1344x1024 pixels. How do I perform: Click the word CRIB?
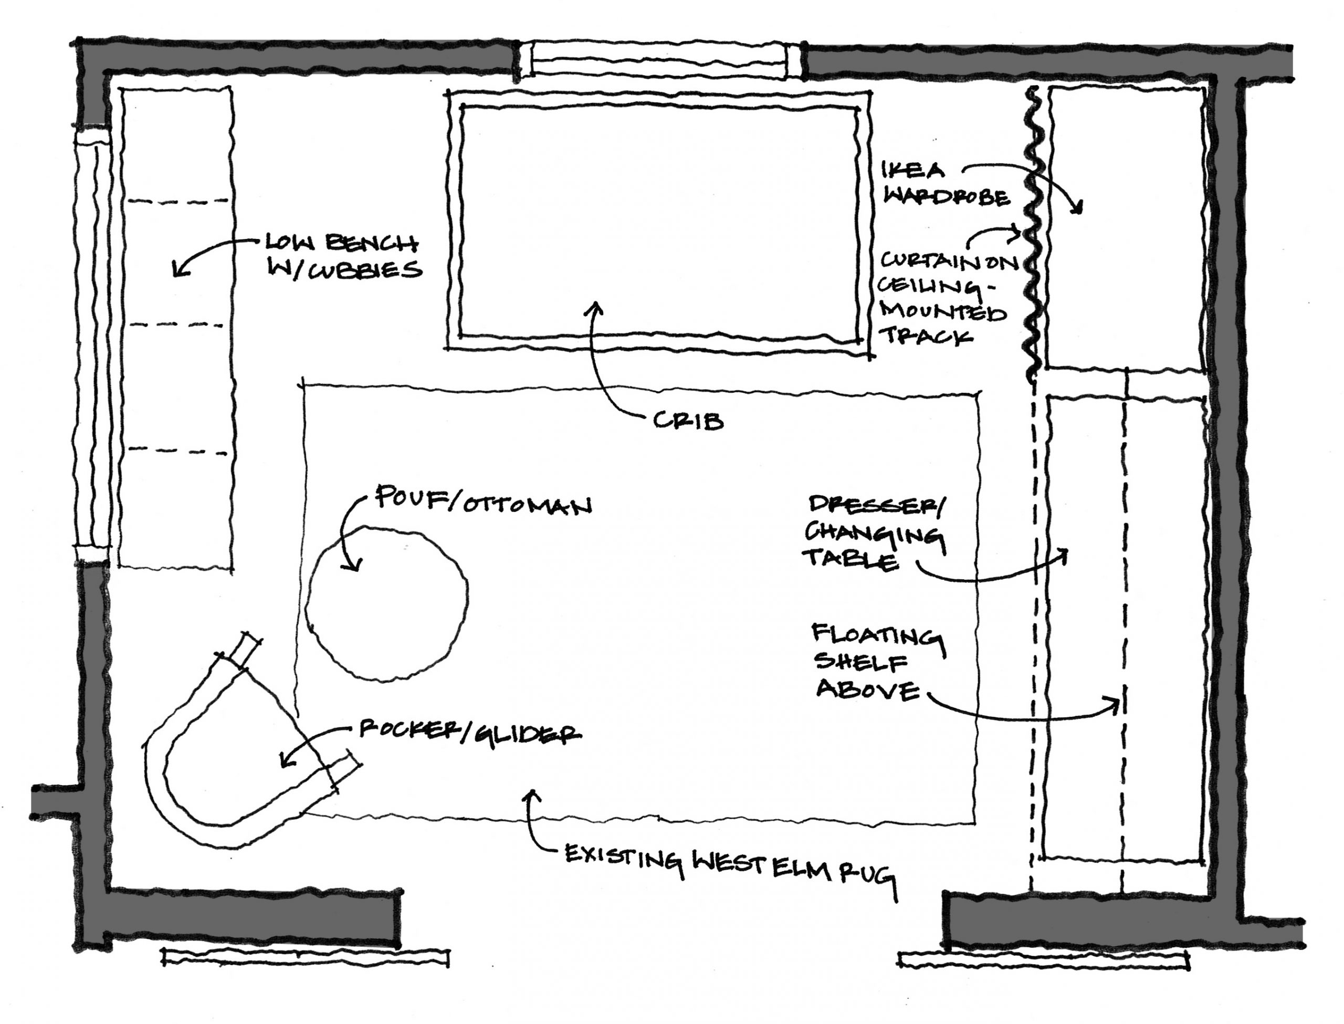point(688,421)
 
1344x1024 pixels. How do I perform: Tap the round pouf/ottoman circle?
point(386,603)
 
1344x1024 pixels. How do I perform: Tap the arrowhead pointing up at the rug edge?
point(534,795)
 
